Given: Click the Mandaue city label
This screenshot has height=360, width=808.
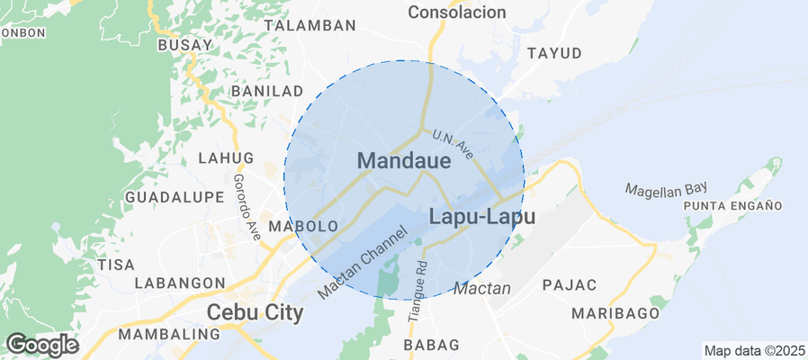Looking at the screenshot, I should tap(404, 161).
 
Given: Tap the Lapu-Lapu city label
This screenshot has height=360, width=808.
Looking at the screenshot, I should tap(482, 217).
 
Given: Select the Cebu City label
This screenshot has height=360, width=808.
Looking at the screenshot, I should tap(256, 313).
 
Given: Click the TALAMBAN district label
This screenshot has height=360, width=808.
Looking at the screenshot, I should tap(304, 26).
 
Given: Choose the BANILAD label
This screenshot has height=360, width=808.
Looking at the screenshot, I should tap(267, 92).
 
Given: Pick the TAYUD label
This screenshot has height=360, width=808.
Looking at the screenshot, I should tap(554, 53).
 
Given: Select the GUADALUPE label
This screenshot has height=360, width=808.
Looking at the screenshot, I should tap(174, 197).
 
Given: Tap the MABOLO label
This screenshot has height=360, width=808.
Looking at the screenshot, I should tap(303, 226).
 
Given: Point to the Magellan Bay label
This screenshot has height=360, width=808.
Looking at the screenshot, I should tap(667, 189).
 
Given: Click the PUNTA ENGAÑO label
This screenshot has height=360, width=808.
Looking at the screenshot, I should tap(731, 206).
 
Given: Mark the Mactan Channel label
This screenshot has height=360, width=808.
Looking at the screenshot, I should tap(364, 264).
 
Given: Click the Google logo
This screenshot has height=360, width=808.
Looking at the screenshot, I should tap(41, 344).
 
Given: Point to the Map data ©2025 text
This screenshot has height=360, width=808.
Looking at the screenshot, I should tap(754, 351).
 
